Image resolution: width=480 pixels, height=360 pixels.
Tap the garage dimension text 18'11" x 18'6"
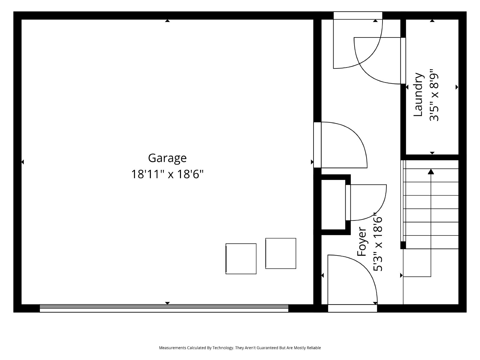coord(167,174)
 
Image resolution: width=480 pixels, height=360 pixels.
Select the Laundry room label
coord(418,94)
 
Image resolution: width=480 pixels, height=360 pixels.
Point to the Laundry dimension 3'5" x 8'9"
coord(434,95)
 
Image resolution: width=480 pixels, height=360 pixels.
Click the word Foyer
coord(362,241)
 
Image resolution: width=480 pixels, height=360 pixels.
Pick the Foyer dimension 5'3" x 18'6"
coord(378,242)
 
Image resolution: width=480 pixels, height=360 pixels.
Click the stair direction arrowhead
coord(431,172)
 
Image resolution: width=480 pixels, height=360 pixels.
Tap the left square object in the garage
coord(241,259)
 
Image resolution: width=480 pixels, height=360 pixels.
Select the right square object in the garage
coord(281,253)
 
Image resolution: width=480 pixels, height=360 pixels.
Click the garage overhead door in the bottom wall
coord(164,308)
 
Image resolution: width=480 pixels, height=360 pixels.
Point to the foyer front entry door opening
coord(352,308)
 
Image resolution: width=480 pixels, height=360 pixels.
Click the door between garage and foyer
coord(317,145)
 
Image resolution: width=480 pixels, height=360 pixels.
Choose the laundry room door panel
coord(403,61)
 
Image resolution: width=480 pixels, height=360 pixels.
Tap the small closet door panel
coord(348,202)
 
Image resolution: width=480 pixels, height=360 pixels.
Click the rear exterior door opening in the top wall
coord(358,16)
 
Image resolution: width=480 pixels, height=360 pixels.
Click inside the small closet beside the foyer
coord(333,204)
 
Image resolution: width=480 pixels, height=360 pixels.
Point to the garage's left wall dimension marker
coord(22,162)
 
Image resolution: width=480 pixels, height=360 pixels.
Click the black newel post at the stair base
coord(403,245)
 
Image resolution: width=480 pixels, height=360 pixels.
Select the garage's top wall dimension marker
coord(167,21)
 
